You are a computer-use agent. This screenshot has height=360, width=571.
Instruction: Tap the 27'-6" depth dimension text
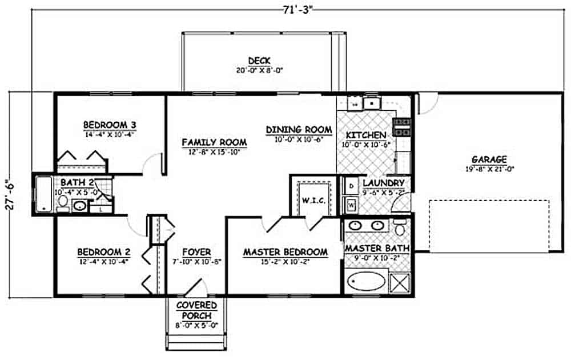(7, 195)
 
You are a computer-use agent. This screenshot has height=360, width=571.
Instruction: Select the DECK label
(259, 61)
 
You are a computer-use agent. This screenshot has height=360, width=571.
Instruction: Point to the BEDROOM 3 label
(110, 125)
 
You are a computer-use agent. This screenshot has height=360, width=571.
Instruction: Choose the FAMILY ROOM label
(214, 142)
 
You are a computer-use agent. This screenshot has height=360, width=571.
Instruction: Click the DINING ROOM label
(299, 130)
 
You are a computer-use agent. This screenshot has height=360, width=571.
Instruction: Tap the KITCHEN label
(366, 135)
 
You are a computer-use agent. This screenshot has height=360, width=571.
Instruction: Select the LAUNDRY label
(383, 183)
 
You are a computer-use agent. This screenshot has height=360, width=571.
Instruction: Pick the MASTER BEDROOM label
(285, 252)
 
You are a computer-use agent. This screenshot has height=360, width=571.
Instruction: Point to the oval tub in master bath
(365, 282)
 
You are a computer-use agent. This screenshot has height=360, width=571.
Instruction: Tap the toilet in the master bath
(400, 229)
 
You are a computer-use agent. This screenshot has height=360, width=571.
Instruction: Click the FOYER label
(196, 252)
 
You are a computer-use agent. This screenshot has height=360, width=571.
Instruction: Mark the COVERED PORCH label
(195, 310)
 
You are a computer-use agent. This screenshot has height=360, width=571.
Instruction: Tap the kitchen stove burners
(401, 127)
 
